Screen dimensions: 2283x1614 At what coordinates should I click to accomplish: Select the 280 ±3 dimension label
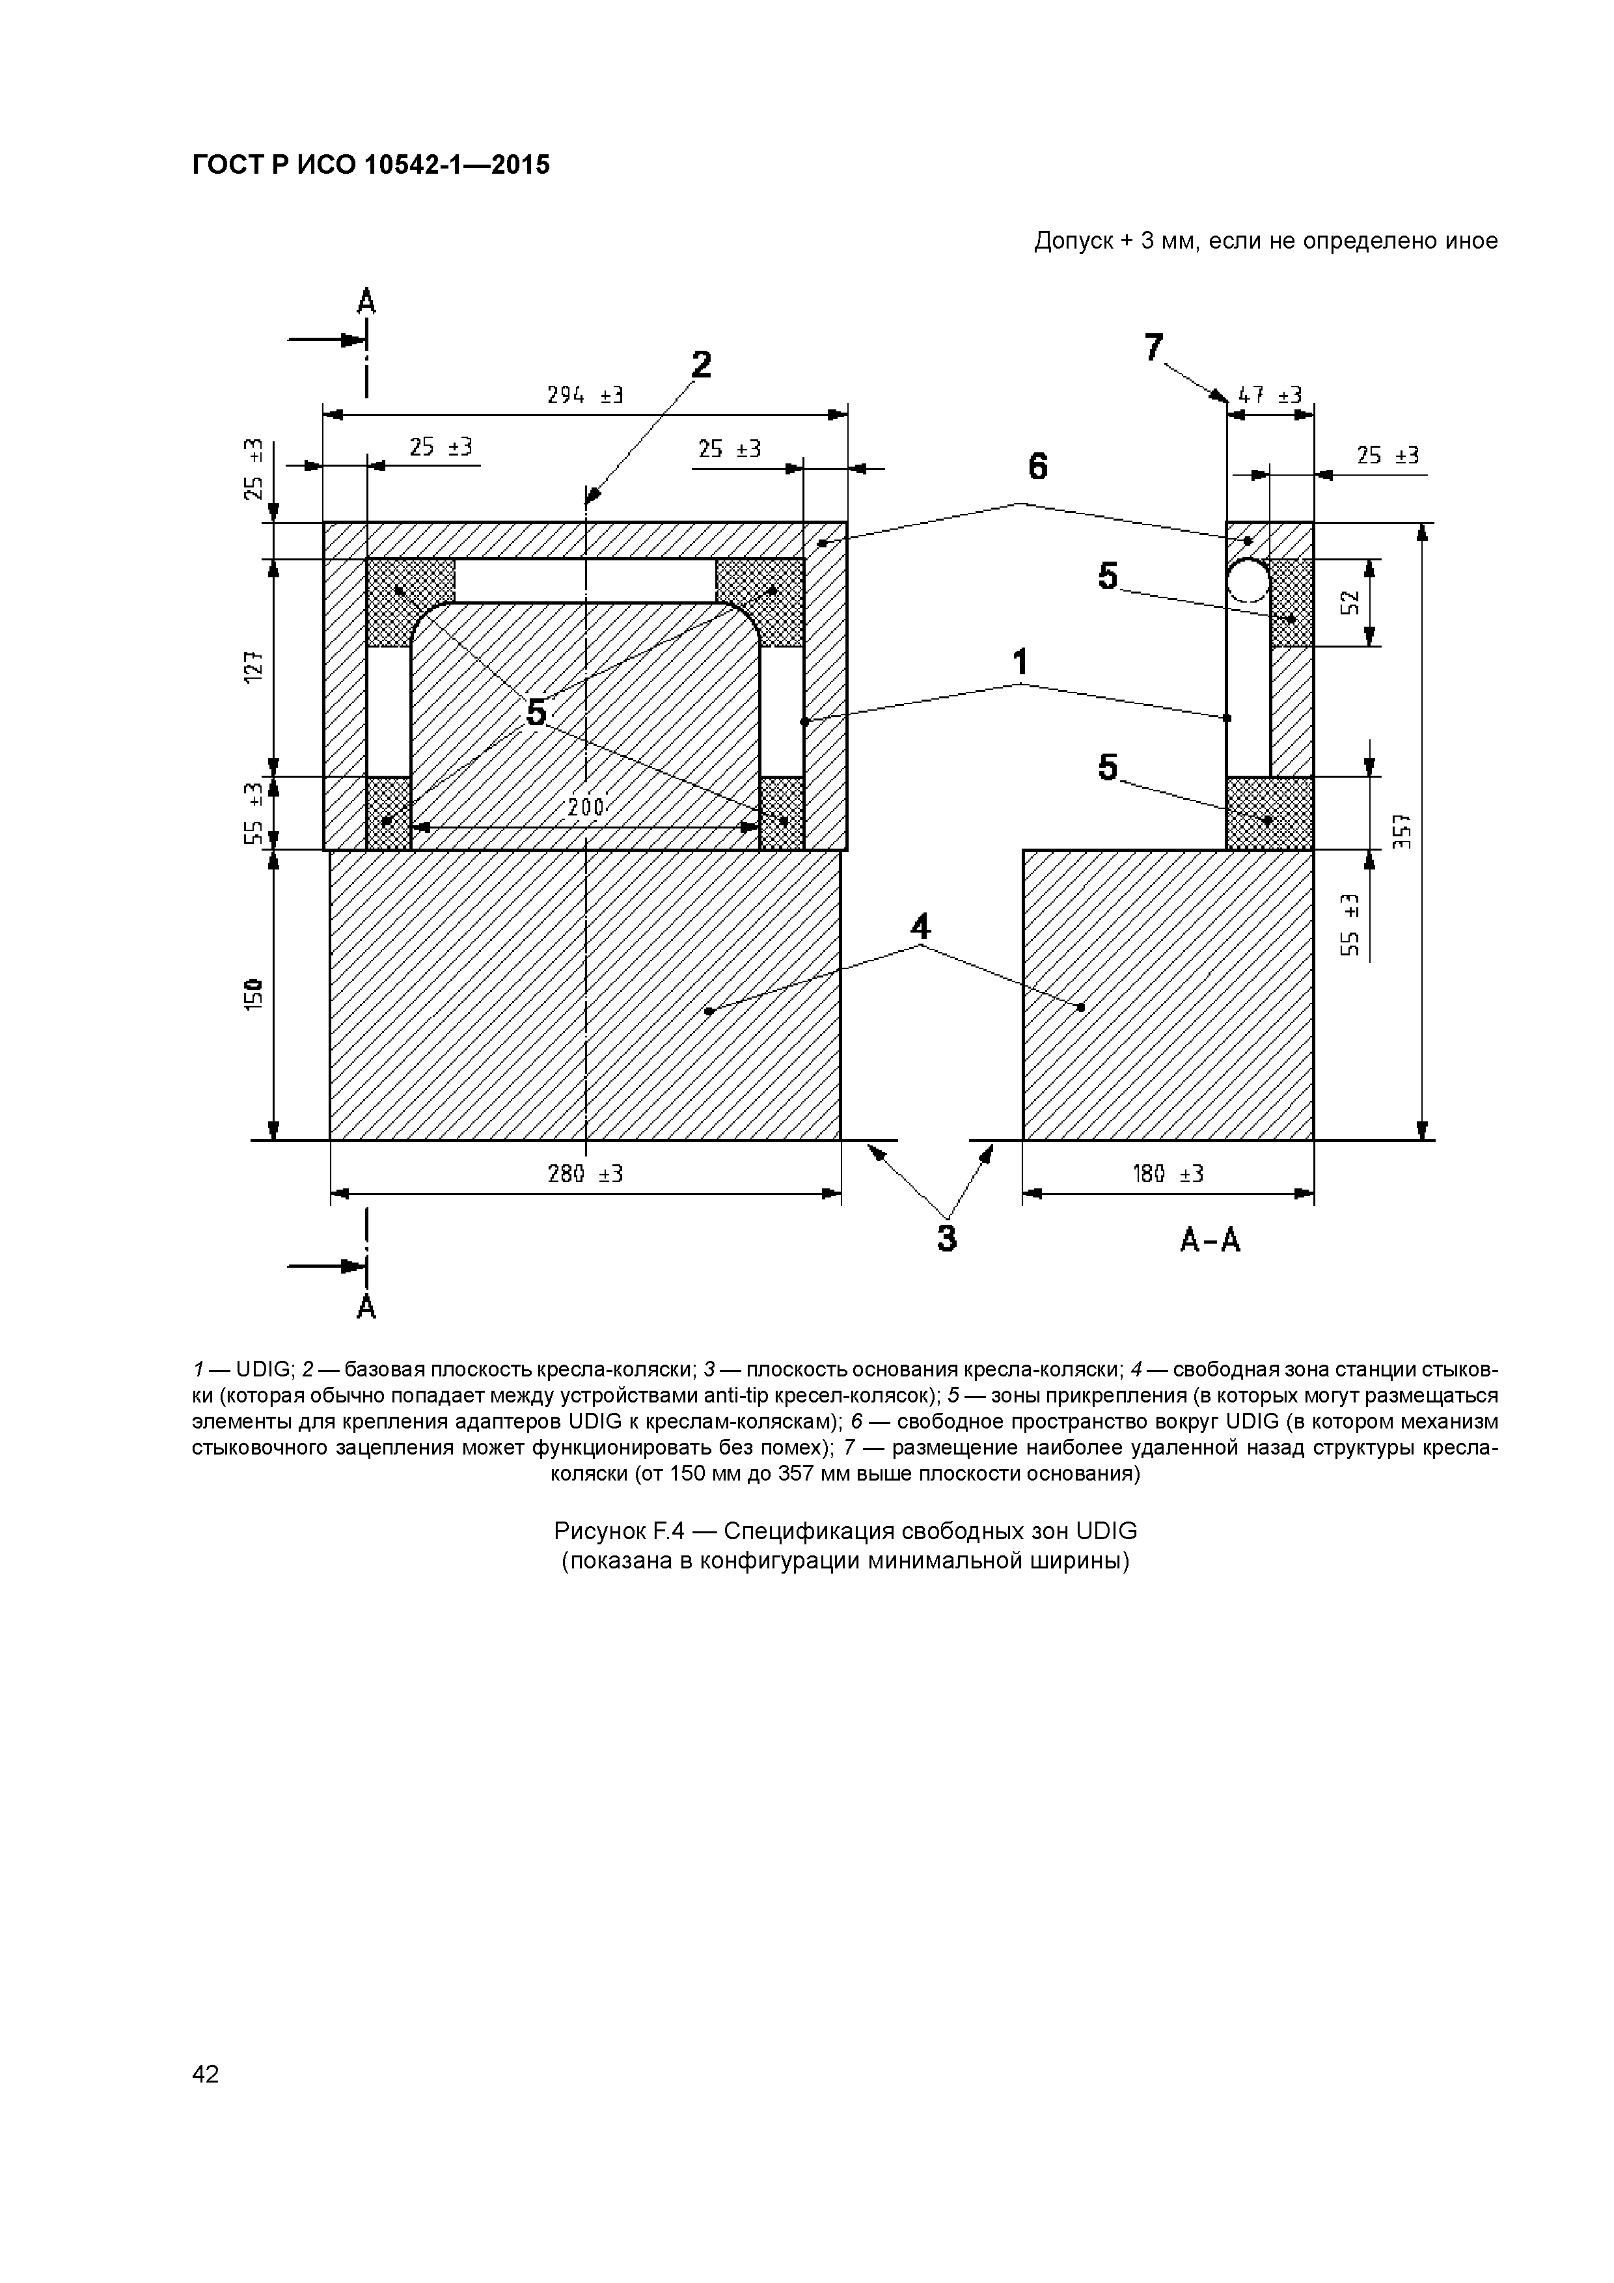584,1173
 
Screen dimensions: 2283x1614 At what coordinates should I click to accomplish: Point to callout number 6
1037,467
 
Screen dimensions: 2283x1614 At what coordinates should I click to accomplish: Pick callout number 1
1019,663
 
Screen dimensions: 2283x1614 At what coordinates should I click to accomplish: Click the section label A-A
1210,1240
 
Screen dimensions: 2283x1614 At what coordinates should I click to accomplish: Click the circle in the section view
1248,581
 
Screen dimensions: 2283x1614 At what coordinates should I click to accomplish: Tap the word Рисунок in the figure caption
604,1530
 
